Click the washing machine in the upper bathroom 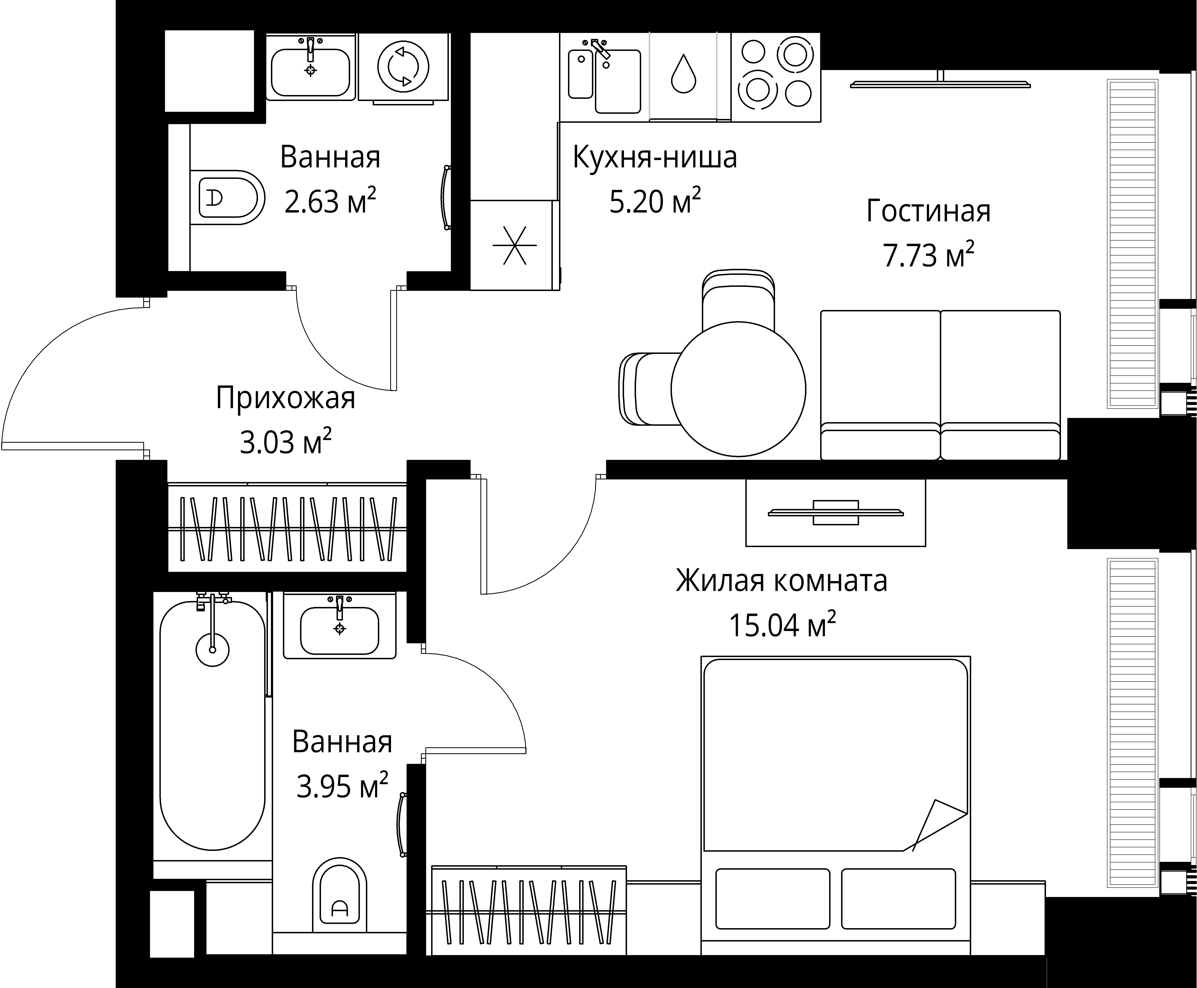[403, 67]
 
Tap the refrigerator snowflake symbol [514, 245]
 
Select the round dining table [738, 389]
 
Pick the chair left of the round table [649, 389]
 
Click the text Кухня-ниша [654, 158]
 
